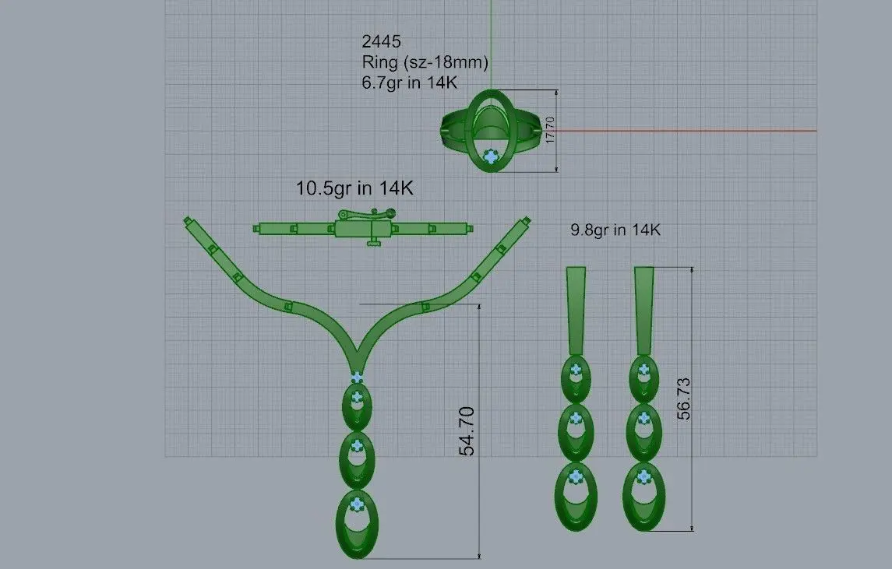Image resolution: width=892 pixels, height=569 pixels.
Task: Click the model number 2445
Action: click(x=381, y=41)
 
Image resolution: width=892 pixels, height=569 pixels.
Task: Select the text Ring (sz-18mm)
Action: click(x=425, y=62)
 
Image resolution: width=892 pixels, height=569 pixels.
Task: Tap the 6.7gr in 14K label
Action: click(x=410, y=83)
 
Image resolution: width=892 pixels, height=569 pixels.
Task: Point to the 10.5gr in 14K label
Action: click(x=354, y=188)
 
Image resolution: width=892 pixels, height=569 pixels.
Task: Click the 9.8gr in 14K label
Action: click(x=615, y=230)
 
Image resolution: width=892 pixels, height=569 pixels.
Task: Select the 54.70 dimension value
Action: click(x=467, y=431)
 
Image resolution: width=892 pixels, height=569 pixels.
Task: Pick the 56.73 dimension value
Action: click(x=683, y=399)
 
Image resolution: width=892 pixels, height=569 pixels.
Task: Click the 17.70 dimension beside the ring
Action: click(x=549, y=130)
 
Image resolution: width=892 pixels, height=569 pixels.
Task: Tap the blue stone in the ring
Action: click(x=490, y=156)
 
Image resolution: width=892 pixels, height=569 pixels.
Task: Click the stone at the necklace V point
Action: click(x=357, y=378)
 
